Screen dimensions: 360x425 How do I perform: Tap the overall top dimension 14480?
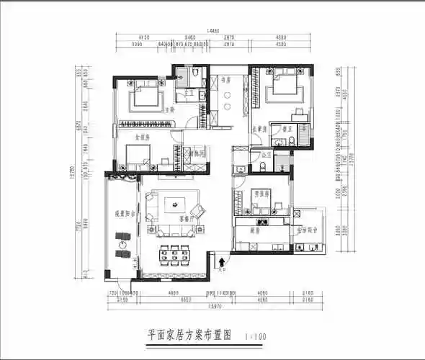pos(212,31)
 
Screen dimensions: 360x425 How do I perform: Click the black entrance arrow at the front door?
pos(222,259)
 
